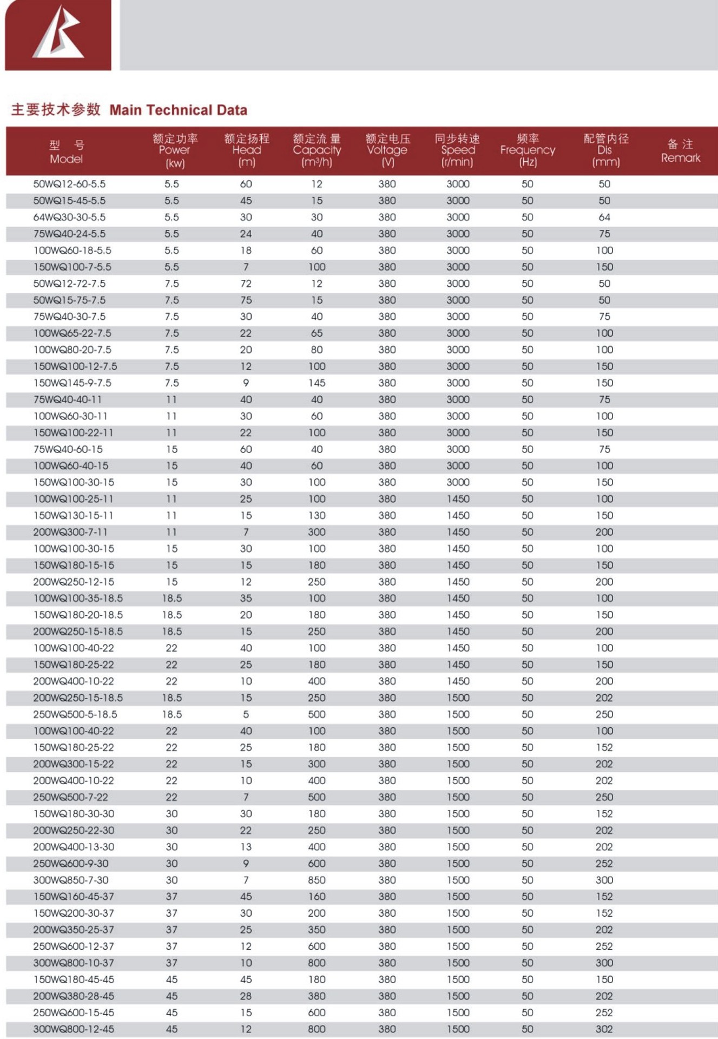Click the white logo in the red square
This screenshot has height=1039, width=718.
(x=58, y=34)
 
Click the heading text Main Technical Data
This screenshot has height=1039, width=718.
(x=178, y=110)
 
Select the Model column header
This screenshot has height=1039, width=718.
(x=67, y=152)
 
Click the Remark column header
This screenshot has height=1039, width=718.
(x=680, y=151)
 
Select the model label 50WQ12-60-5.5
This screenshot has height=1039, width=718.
(x=69, y=184)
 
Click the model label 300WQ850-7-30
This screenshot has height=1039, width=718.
(x=71, y=880)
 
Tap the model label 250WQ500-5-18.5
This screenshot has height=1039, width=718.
(x=75, y=714)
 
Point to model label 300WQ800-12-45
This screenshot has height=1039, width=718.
(x=74, y=1029)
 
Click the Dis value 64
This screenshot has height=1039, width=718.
(x=604, y=217)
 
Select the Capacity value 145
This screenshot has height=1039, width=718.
(x=317, y=383)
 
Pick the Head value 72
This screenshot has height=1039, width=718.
(x=246, y=284)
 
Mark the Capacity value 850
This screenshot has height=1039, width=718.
(x=317, y=880)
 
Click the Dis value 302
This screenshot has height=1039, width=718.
(x=604, y=1029)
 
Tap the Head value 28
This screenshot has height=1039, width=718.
(x=246, y=996)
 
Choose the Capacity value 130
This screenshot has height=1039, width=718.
(x=317, y=516)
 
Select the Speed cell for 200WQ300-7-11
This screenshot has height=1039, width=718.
(x=458, y=532)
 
